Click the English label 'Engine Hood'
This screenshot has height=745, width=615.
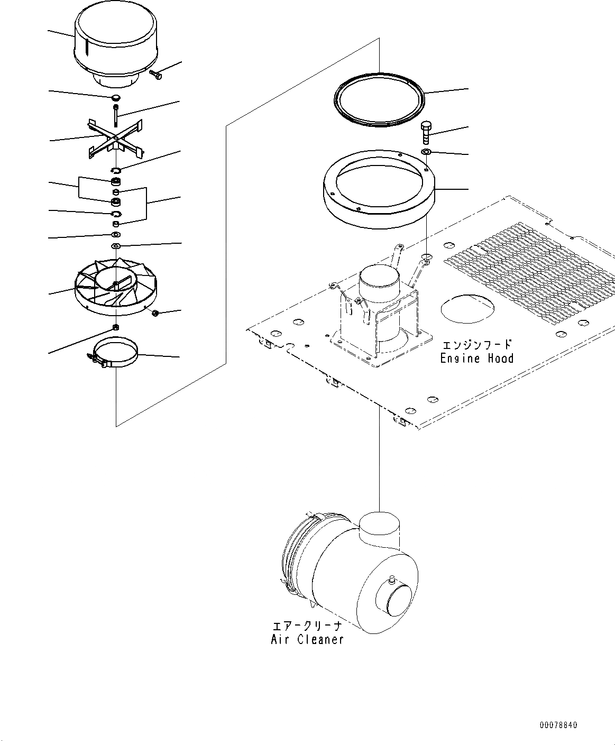coord(476,358)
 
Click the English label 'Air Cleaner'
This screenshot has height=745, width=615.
coord(307,639)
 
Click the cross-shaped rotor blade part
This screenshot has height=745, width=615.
coord(115,139)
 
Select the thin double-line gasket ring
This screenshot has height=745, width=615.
coord(380,99)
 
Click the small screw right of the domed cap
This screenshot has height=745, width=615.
coord(156,75)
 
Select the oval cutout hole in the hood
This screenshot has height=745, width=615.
coord(467,308)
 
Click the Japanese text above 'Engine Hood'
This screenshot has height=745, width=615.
coord(476,345)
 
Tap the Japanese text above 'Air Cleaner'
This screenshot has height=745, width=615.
coord(307,626)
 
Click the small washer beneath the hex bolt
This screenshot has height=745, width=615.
coord(426,153)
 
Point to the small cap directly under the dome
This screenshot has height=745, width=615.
coord(116,98)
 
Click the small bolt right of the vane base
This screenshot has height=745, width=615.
coord(156,314)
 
